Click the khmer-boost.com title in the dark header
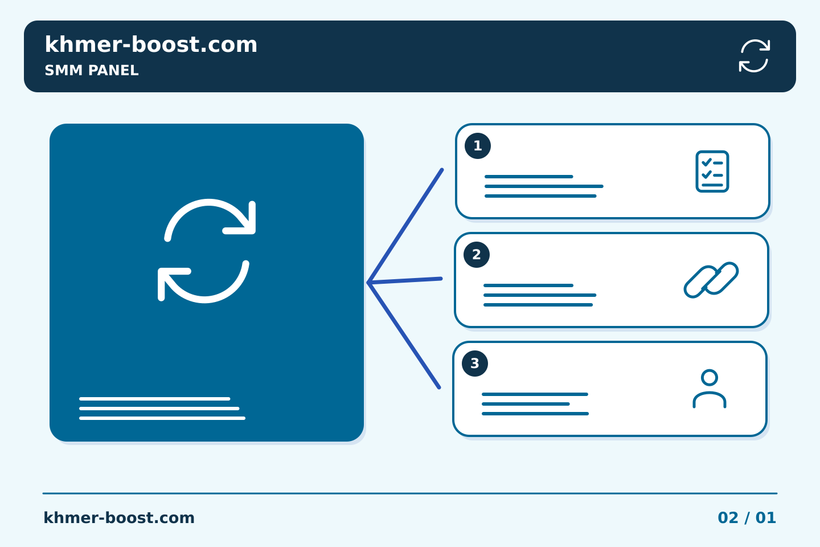[x=151, y=44]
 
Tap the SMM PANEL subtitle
[x=92, y=70]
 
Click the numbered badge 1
[x=478, y=146]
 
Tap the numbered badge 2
[x=477, y=255]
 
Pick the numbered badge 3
[x=475, y=364]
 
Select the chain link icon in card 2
[x=711, y=280]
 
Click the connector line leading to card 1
[x=405, y=226]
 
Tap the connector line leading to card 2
[x=405, y=281]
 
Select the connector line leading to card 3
[x=404, y=335]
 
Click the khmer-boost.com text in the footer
[x=119, y=518]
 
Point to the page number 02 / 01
[x=747, y=518]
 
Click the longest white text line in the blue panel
[x=162, y=418]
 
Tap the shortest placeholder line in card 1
[x=528, y=177]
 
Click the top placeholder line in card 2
[x=528, y=285]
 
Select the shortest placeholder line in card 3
[x=526, y=404]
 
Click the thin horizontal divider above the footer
[x=410, y=493]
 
